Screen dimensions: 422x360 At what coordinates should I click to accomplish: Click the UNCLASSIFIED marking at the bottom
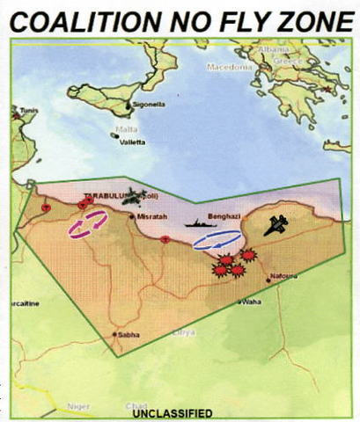[173, 411]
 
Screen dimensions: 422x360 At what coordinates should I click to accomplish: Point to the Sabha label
[129, 334]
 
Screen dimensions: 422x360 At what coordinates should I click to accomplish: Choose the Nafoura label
[283, 275]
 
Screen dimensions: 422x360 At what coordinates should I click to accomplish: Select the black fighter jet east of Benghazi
[276, 224]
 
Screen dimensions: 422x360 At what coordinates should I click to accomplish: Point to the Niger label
[80, 407]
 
